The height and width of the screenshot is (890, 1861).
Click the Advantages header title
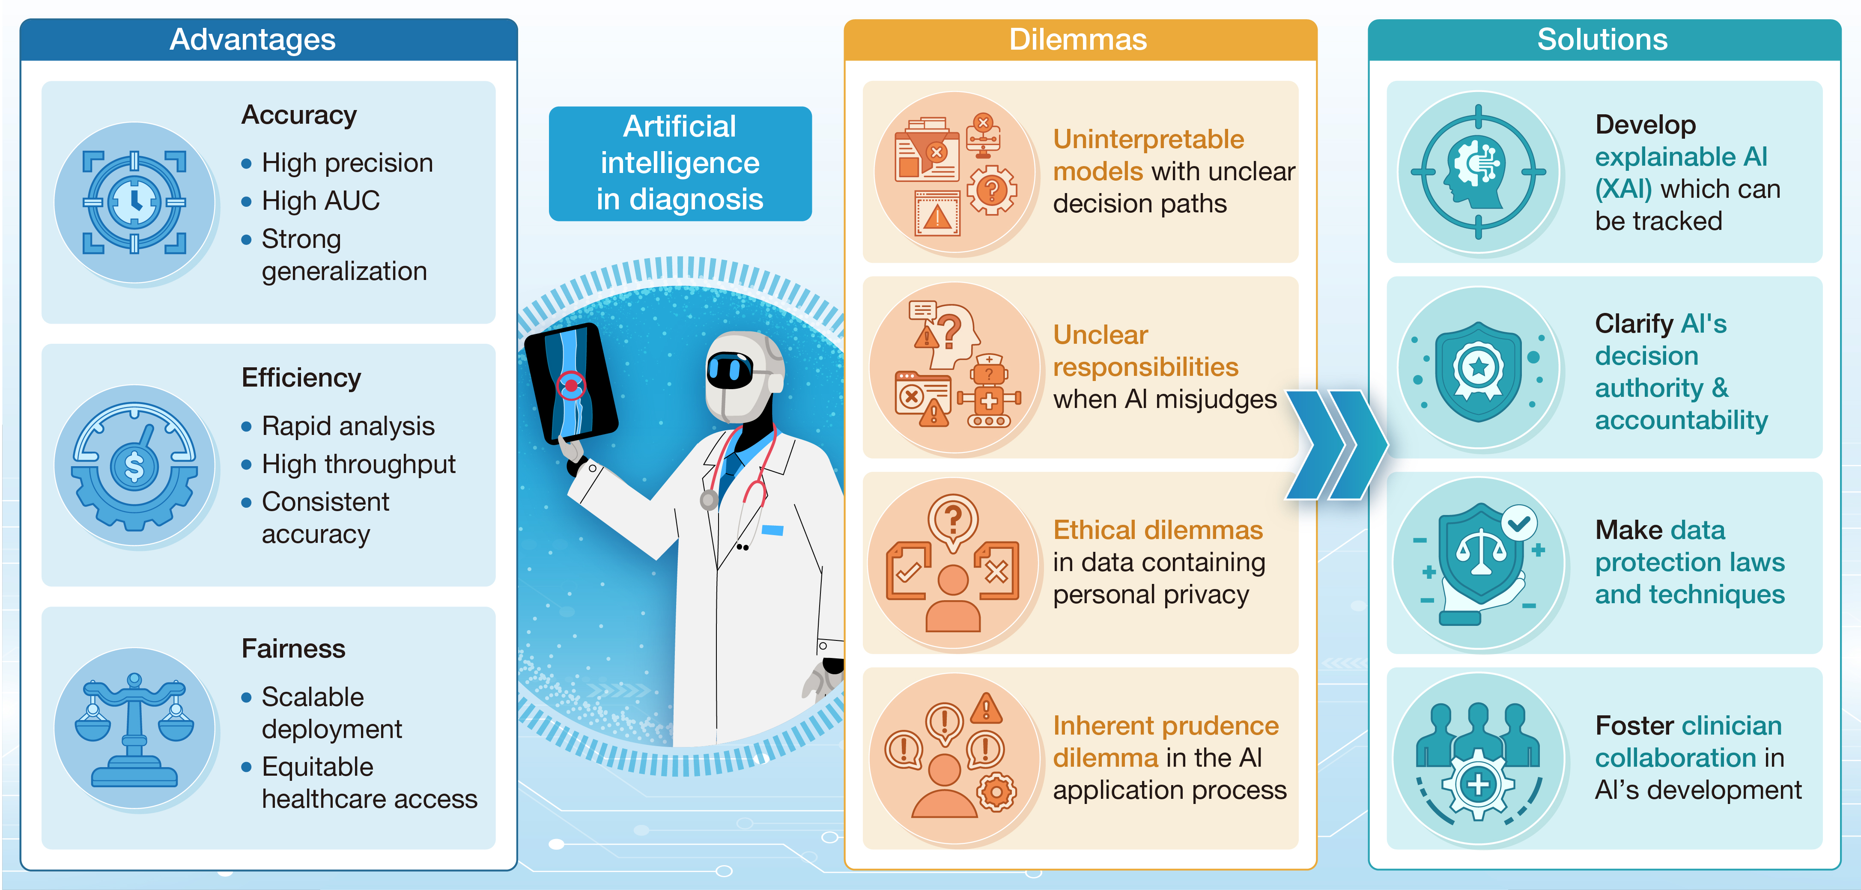click(252, 40)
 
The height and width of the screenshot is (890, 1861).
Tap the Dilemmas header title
click(1078, 40)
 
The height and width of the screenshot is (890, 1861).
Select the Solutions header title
click(1602, 40)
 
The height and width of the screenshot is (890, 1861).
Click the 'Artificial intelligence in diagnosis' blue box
click(680, 163)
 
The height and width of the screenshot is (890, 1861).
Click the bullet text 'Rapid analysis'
click(348, 426)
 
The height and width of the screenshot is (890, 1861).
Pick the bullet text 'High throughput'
click(358, 464)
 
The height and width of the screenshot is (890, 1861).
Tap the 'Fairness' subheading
click(293, 648)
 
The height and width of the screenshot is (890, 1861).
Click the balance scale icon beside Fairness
click(134, 729)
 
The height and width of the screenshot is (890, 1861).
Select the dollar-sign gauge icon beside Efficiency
click(134, 466)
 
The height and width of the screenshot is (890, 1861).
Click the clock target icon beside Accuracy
click(134, 202)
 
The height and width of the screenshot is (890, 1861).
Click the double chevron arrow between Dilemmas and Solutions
click(1336, 444)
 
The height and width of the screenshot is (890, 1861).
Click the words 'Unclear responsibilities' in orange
click(1146, 351)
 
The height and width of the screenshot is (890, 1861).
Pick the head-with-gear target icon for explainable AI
click(1478, 172)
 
